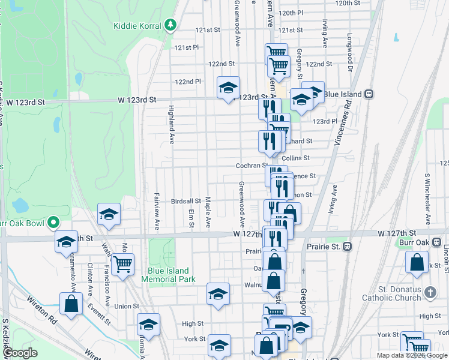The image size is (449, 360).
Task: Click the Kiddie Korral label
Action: tap(137, 26)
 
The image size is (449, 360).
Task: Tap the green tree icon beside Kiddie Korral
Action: tap(171, 25)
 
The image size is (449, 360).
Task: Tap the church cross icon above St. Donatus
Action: tap(429, 293)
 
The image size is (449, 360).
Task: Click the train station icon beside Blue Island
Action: tap(369, 94)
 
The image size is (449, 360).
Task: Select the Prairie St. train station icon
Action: tap(346, 246)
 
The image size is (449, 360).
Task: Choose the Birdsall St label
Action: tap(185, 201)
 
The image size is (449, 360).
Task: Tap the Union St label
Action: tap(127, 306)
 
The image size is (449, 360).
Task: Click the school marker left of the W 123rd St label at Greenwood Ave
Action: tap(228, 88)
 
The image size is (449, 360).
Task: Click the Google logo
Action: tap(20, 353)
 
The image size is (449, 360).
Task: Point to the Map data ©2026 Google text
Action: tap(411, 355)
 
